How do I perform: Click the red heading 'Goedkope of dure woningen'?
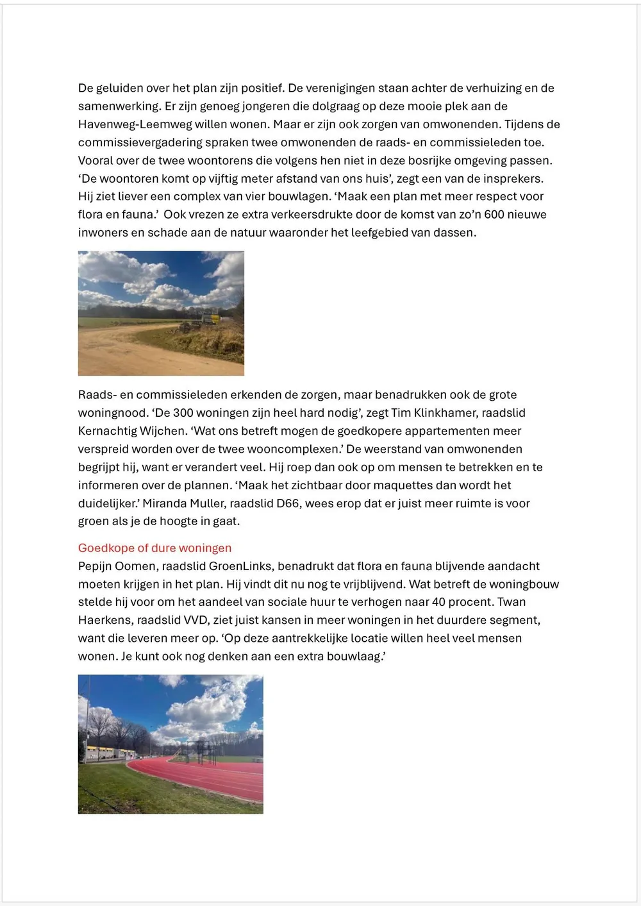click(x=154, y=548)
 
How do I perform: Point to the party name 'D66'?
click(x=288, y=504)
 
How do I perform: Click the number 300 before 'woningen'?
click(x=183, y=413)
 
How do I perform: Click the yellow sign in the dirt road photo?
click(x=212, y=317)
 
